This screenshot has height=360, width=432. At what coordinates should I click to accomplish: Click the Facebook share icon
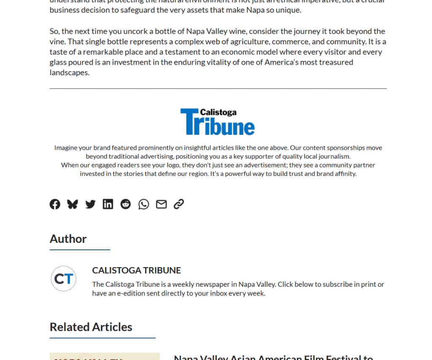[x=55, y=204]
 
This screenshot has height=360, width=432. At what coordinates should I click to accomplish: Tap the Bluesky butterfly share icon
[x=73, y=204]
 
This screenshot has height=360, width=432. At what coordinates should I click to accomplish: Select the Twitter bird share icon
[x=90, y=204]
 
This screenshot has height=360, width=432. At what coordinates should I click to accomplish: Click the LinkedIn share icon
[x=108, y=204]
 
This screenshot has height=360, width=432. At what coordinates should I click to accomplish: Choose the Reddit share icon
[x=126, y=204]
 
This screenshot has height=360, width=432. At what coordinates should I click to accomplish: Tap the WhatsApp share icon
[x=143, y=204]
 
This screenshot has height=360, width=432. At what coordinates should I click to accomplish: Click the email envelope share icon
[x=161, y=204]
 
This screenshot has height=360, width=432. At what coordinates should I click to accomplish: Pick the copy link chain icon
[x=179, y=204]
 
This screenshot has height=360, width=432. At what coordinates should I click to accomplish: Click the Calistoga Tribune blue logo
[x=218, y=122]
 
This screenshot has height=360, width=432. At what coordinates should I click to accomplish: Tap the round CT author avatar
[x=64, y=279]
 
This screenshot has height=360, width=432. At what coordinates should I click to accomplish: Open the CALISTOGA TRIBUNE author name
[x=136, y=270]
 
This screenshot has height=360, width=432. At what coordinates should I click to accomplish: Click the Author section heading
[x=68, y=239]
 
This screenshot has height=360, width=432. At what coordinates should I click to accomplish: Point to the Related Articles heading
[x=91, y=327]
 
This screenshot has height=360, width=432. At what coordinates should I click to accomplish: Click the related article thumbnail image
[x=105, y=357]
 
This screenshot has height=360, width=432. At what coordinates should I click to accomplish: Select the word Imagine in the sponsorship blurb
[x=66, y=148]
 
